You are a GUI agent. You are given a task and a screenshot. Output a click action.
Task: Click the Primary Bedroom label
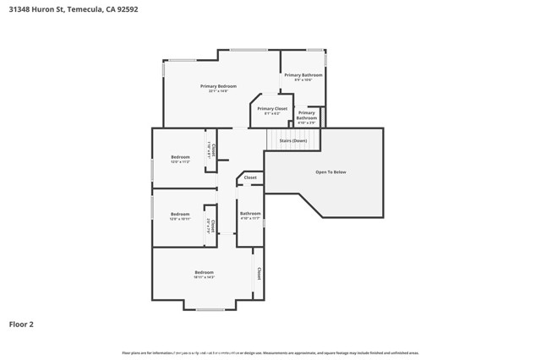click(218, 86)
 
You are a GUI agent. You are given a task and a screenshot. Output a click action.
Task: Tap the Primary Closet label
click(272, 109)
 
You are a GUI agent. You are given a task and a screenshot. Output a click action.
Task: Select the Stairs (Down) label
click(292, 141)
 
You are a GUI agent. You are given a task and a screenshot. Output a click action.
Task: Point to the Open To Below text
click(331, 172)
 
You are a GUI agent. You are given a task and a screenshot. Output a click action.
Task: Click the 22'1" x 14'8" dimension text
click(218, 91)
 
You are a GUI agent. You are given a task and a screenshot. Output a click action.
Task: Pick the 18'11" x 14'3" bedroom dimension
click(204, 277)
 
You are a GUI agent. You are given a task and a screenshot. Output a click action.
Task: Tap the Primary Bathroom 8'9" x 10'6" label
click(303, 77)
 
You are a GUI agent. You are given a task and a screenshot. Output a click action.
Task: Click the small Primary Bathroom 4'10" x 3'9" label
click(307, 117)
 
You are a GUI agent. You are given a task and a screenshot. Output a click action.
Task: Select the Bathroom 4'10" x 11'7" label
click(250, 215)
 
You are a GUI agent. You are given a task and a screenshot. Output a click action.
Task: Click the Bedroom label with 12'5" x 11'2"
click(180, 158)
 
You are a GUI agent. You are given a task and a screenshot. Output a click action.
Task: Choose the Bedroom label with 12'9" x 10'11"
click(180, 215)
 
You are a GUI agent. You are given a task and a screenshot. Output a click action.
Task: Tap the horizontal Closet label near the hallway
click(250, 177)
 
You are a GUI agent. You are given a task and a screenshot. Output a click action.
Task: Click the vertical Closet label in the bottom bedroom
click(259, 273)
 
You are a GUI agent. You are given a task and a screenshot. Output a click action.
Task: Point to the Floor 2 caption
click(21, 324)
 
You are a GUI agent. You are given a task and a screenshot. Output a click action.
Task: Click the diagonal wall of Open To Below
click(309, 205)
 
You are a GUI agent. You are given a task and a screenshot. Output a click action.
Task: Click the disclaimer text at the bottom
click(270, 352)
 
